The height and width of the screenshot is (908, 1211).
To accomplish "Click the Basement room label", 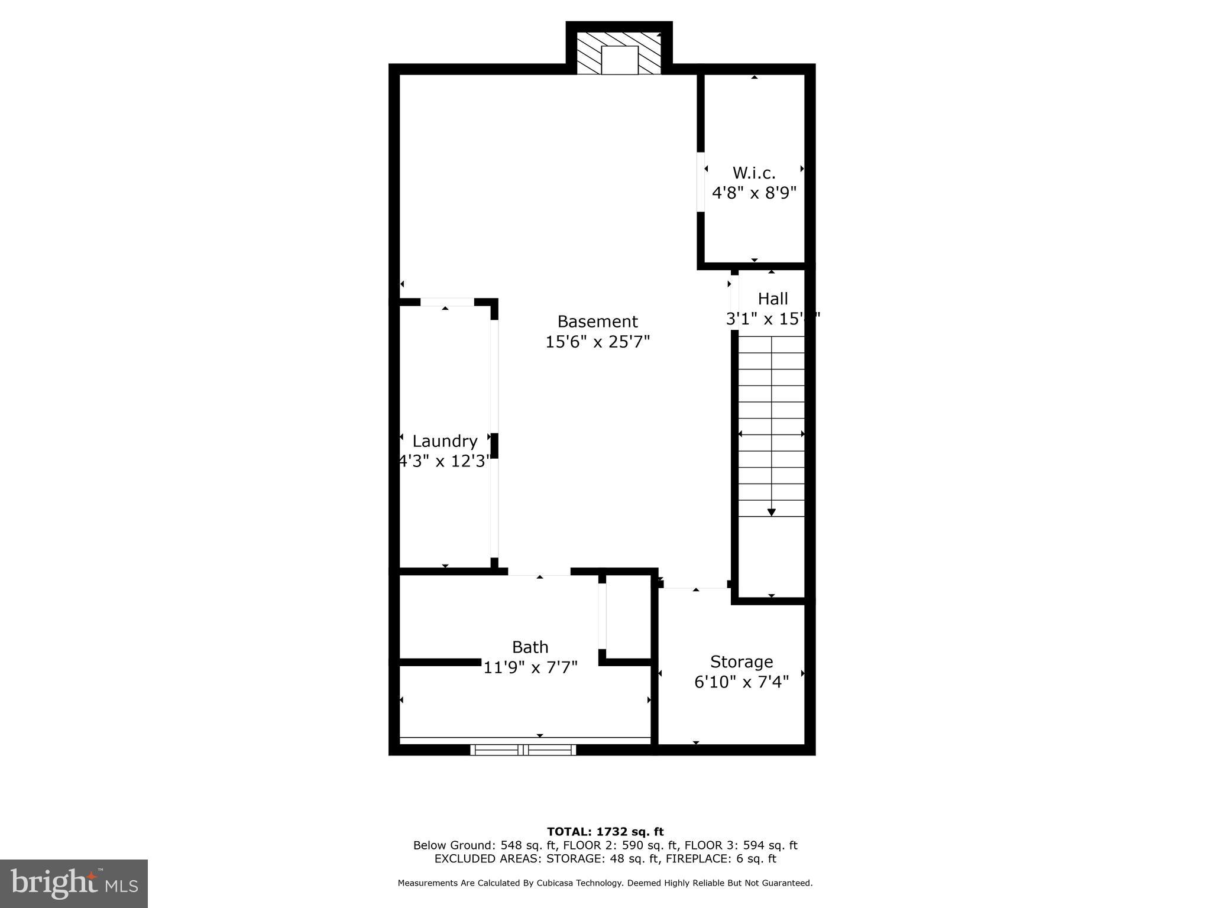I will click(597, 322).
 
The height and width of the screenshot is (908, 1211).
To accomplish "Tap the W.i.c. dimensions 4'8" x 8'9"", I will click(754, 193).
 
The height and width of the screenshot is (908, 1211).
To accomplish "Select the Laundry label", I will click(445, 441).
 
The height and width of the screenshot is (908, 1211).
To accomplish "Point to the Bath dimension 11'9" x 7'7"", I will click(530, 667).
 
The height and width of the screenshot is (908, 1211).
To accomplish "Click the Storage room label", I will click(742, 661).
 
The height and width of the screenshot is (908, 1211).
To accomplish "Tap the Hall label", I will click(773, 299).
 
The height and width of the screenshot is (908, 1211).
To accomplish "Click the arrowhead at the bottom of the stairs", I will click(771, 513).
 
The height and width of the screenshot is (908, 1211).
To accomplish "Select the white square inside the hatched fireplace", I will click(619, 60).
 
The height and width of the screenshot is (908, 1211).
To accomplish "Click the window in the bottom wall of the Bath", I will click(523, 750).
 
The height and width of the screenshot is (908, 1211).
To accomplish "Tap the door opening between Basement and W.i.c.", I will click(701, 181).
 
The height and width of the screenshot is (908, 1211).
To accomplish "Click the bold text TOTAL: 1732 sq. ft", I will click(605, 832).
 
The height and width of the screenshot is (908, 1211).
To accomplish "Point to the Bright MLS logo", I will click(74, 883).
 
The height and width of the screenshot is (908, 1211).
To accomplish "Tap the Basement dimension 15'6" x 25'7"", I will click(597, 342).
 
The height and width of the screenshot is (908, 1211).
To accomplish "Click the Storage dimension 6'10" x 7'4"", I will click(742, 682).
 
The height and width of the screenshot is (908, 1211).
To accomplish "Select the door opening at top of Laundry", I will click(447, 302).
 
